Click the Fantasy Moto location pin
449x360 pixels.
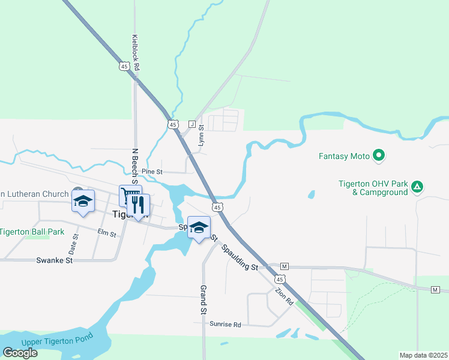pos(378,156)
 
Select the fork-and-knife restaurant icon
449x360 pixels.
pos(139,205)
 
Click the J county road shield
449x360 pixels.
pos(192,124)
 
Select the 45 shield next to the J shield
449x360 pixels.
pos(173,124)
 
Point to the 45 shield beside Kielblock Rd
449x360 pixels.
pos(124,67)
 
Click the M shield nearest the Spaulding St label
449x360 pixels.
pos(285,266)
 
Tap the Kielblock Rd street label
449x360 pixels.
pos(136,53)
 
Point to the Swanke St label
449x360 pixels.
pos(54,260)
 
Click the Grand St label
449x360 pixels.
pos(203,300)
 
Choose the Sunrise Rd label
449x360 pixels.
pos(225,324)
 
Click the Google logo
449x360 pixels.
pos(20,352)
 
